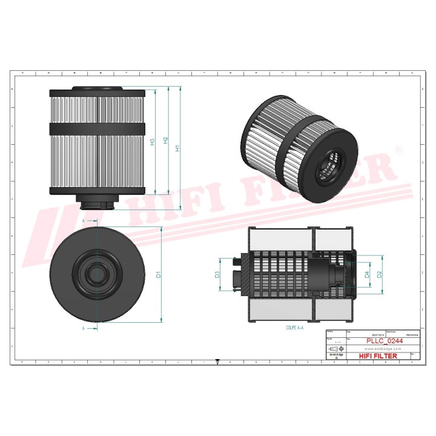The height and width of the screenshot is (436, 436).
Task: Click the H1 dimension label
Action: (177, 148)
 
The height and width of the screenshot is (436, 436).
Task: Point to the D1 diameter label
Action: (158, 275)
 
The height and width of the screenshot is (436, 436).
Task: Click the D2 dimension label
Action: (380, 274)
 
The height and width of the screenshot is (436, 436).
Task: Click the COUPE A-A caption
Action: (295, 326)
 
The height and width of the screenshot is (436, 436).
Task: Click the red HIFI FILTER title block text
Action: (378, 356)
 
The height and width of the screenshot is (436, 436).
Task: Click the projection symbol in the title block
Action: (334, 350)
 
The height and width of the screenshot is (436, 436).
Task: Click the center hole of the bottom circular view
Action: (97, 275)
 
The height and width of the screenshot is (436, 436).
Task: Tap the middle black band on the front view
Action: (97, 129)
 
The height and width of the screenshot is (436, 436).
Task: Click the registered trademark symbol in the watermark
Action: (398, 149)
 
